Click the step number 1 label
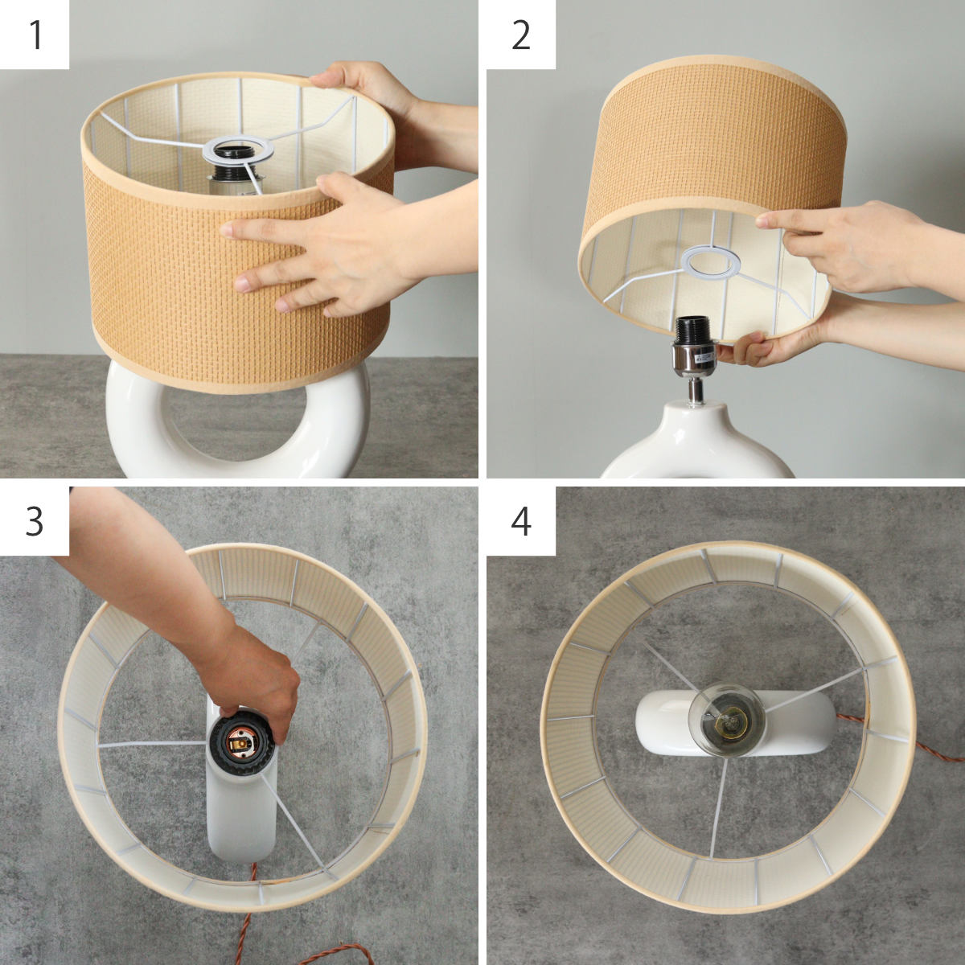(x=36, y=35)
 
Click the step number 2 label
(x=521, y=35)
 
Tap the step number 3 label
(x=35, y=521)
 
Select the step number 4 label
(x=521, y=521)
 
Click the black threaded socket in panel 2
(x=692, y=330)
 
